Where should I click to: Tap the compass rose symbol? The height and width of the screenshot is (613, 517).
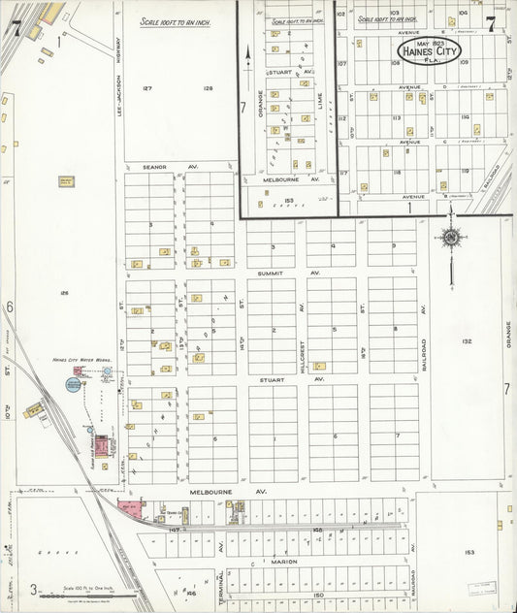click(451, 238)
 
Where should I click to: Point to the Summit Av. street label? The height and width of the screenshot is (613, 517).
click(289, 273)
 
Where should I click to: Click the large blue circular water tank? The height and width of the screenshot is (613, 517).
click(74, 384)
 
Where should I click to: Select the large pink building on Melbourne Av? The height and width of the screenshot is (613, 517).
click(128, 505)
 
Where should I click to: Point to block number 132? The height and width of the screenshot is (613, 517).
click(467, 341)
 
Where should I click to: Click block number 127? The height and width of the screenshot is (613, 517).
click(147, 88)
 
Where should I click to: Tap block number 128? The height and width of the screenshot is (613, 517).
click(208, 88)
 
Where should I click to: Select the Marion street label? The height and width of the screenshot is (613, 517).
click(284, 562)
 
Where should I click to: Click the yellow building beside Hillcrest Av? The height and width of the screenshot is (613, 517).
click(319, 366)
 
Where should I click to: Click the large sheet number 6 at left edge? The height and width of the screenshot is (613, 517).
click(9, 306)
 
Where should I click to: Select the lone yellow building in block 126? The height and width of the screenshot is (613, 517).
click(66, 181)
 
